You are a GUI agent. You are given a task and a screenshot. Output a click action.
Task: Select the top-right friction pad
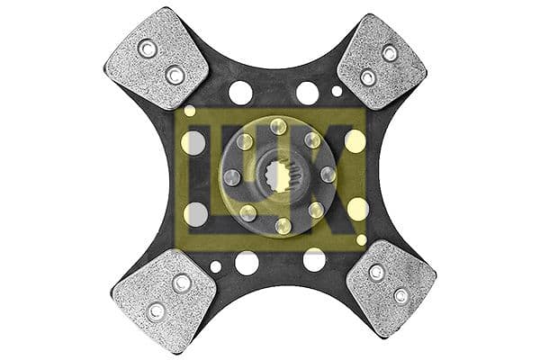[x=382, y=61]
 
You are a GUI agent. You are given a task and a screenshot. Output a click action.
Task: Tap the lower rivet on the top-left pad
[x=174, y=76]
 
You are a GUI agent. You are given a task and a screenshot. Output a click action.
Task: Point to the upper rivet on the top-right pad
[x=390, y=53]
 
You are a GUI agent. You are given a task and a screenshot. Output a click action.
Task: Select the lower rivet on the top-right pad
[x=367, y=77]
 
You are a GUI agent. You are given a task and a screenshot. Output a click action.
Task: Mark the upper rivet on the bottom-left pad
[x=182, y=283]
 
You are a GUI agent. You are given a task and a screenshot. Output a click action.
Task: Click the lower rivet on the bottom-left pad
[x=156, y=310]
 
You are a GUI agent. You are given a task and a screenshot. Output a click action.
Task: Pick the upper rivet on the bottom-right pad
[x=376, y=273]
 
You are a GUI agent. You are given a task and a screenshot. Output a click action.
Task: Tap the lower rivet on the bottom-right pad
[x=400, y=295]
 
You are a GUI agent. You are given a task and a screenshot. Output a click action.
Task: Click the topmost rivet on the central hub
[x=278, y=125]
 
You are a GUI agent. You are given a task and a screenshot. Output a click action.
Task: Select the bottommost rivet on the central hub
[x=283, y=226]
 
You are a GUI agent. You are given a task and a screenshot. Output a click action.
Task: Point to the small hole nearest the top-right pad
[x=337, y=91]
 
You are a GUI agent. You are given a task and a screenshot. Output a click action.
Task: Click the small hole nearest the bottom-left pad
[x=216, y=266]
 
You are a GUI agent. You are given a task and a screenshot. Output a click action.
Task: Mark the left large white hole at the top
[x=240, y=92]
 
